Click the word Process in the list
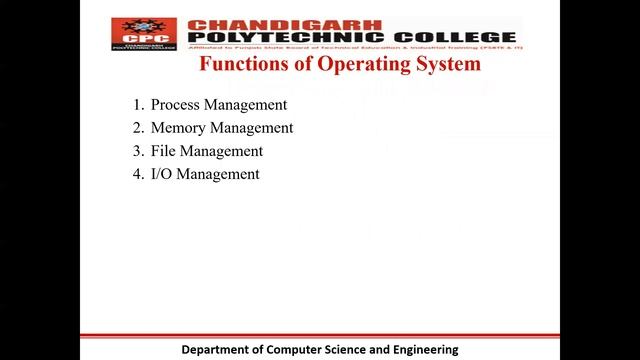[x=174, y=104]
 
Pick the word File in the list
[x=162, y=151]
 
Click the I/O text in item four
[x=161, y=174]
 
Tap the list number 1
[x=137, y=104]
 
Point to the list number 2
[x=137, y=128]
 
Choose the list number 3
[x=137, y=151]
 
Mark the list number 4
[x=137, y=174]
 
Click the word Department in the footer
[x=221, y=350]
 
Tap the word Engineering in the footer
[x=422, y=350]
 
